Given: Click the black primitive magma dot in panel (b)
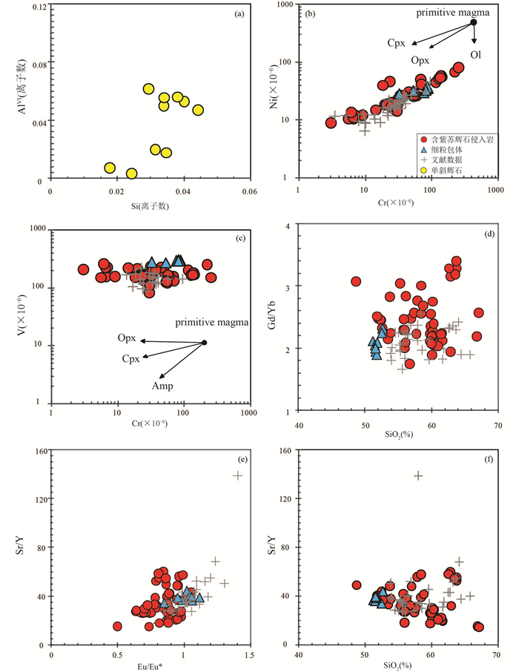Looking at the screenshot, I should (474, 22).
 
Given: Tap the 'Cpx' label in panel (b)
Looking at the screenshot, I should (397, 43).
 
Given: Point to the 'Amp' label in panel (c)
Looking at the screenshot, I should (162, 386).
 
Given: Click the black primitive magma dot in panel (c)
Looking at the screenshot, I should (205, 343).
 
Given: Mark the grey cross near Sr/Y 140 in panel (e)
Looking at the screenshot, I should (238, 475).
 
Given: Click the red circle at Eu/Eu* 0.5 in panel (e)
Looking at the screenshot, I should (117, 626).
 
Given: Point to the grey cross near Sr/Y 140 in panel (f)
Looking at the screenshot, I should (419, 475).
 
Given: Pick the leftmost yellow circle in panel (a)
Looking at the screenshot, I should (110, 168).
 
